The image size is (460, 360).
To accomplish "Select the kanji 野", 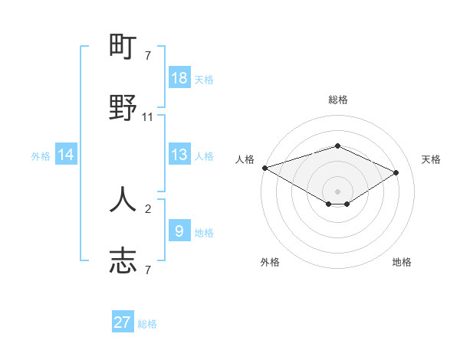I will click(123, 109).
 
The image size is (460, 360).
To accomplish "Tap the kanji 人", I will click(123, 199).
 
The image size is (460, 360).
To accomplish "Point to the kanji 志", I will click(123, 260).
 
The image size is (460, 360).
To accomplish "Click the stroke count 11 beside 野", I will click(148, 117).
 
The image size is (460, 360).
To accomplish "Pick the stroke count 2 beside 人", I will click(148, 208).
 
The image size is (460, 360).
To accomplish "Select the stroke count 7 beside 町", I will click(148, 56).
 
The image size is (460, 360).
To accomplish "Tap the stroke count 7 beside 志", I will click(148, 269).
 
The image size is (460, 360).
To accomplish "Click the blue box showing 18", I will click(179, 78).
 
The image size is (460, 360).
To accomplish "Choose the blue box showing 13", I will click(179, 155).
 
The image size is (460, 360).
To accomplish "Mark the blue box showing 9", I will click(179, 231).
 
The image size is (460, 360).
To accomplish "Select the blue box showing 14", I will click(66, 155).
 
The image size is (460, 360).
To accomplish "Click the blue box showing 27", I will click(123, 322).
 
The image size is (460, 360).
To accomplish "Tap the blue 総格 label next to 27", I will click(147, 324).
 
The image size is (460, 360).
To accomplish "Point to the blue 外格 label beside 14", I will click(41, 156).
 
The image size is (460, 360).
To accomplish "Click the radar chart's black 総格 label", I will click(338, 100).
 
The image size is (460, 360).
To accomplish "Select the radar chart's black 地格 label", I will click(402, 262).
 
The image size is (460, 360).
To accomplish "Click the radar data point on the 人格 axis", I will click(264, 167).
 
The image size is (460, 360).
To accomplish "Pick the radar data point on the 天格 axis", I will click(396, 172).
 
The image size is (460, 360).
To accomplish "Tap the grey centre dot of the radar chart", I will click(337, 191).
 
